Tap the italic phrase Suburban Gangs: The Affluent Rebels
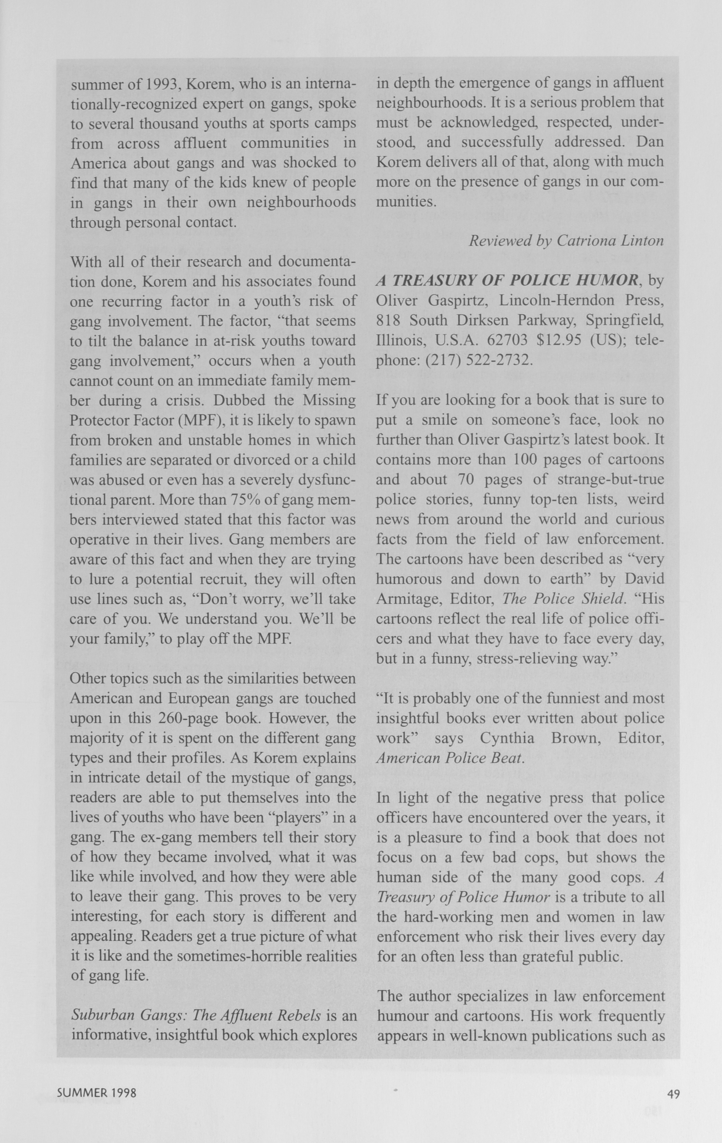pos(196,1015)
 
